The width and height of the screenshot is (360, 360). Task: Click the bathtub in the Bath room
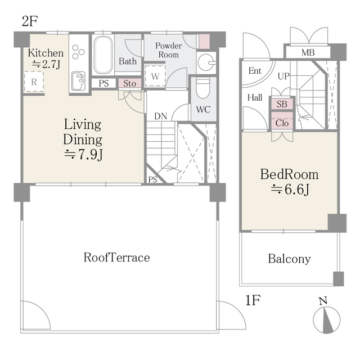(103, 55)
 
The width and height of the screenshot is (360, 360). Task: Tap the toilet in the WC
(203, 89)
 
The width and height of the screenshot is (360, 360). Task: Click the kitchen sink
(79, 81)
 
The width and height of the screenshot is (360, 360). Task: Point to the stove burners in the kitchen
(78, 52)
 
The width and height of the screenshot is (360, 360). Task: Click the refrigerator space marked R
(34, 82)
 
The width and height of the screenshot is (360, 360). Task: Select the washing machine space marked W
(155, 76)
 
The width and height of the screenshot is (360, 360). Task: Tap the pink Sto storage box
(130, 83)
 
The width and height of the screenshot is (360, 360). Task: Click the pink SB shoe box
(282, 104)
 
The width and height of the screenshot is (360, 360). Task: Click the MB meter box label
(308, 52)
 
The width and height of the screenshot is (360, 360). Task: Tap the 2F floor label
(30, 21)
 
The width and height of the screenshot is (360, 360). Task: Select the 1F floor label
(253, 300)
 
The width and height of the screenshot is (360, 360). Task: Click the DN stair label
(161, 116)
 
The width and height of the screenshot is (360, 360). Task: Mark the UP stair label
(283, 76)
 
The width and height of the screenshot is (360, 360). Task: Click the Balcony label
(289, 259)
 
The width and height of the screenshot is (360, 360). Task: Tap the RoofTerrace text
(116, 258)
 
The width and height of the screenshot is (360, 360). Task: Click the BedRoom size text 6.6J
(290, 190)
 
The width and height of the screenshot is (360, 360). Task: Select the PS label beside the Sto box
(103, 83)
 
